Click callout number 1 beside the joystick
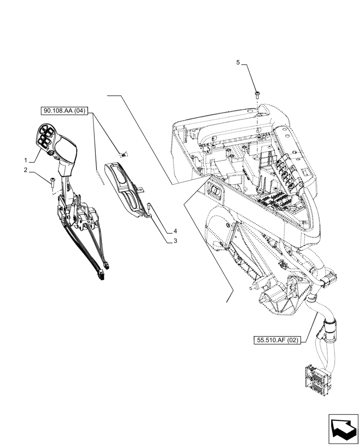point(26,160)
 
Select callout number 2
point(26,169)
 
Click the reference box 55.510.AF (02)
point(277,341)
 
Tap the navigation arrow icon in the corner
point(343,429)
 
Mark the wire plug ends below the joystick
point(103,272)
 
